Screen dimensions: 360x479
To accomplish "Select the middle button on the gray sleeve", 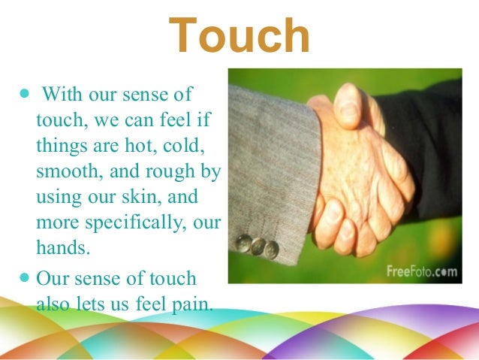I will (258, 246).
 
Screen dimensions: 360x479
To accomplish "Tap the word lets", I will (93, 304).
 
